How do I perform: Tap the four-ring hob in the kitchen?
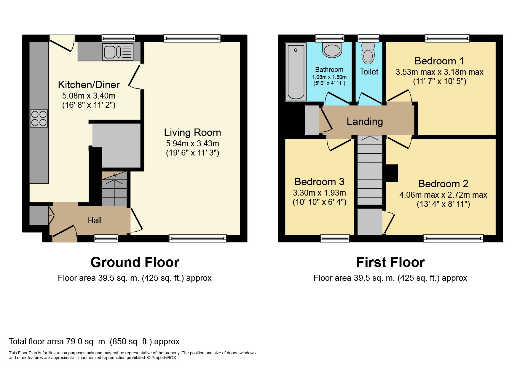[39, 118]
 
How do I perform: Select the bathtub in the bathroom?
[296, 72]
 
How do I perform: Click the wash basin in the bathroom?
[332, 50]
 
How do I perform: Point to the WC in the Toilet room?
[368, 53]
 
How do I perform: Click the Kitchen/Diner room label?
[89, 85]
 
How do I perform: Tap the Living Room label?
[192, 132]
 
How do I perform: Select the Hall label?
[95, 220]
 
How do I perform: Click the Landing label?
[365, 122]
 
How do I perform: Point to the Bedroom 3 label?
[319, 182]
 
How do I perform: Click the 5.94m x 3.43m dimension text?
[192, 144]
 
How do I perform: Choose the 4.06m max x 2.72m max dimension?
[443, 195]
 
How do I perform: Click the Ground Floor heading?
[135, 262]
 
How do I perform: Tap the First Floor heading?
[390, 262]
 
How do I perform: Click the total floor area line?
[94, 342]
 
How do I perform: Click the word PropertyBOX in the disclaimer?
[164, 358]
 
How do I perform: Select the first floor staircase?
[370, 170]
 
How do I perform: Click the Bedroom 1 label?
[439, 61]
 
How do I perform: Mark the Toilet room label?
[369, 72]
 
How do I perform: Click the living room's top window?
[192, 38]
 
